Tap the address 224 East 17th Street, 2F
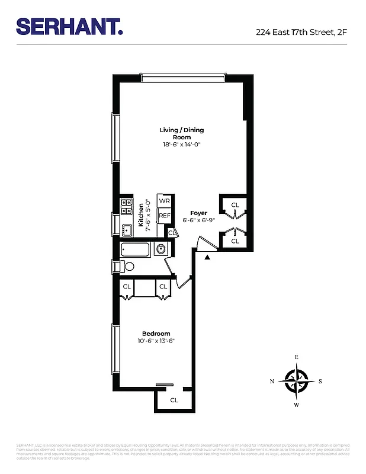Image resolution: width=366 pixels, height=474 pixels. [301, 32]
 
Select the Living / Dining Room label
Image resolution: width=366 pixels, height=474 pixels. [181, 133]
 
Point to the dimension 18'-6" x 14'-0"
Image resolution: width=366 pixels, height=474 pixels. [181, 145]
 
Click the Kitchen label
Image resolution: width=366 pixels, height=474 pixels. [141, 215]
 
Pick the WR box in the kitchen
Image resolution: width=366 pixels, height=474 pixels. [164, 201]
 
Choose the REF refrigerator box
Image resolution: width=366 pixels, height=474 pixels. [164, 216]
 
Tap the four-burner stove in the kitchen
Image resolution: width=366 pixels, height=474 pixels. [126, 207]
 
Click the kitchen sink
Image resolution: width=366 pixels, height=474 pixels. [127, 230]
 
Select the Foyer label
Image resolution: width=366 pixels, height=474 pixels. [198, 213]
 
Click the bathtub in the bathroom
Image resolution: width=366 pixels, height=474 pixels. [136, 249]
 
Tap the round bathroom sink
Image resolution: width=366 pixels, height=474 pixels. [160, 249]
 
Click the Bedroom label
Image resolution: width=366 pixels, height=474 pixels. [156, 334]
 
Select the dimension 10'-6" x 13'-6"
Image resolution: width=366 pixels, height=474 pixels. [156, 341]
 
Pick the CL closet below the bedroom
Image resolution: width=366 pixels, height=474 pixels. [174, 400]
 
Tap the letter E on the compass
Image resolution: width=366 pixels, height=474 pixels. [296, 357]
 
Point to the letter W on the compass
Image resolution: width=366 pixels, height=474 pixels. [296, 405]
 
